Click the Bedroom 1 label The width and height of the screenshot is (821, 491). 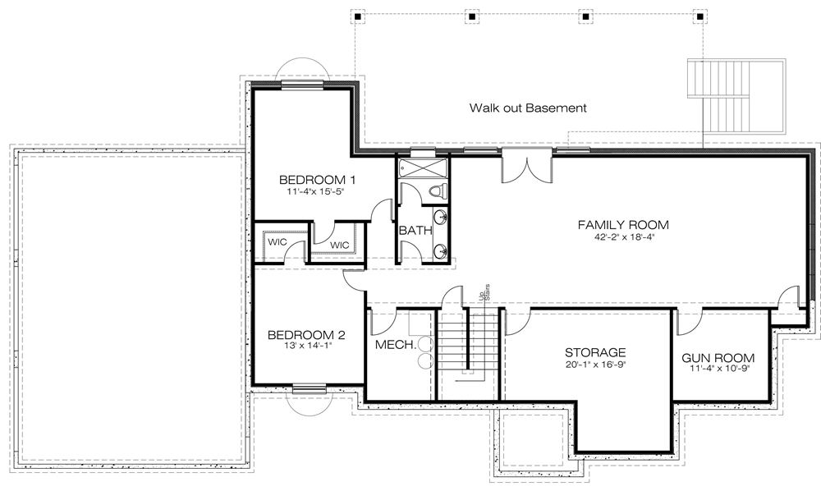coord(317,180)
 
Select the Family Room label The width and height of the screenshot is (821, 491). coord(623,225)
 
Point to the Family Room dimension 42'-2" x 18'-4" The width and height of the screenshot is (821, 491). coord(623,236)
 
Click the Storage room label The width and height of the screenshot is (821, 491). coord(595,353)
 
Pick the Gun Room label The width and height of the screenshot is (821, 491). coord(718,359)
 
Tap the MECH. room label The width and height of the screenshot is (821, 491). coord(396,345)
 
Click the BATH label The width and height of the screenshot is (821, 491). coord(415,231)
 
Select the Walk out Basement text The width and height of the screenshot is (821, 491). coord(528,108)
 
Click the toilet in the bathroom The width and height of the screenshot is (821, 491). coord(438,190)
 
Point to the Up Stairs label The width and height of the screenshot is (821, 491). coord(485,292)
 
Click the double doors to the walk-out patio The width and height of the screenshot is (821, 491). coord(527,167)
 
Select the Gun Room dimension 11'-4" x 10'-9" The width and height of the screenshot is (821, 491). coord(718,368)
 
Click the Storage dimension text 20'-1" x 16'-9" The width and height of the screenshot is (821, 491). coord(595,365)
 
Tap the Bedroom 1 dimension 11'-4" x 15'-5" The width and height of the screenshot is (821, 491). coord(315,191)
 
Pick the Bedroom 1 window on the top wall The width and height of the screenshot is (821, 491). coord(301,85)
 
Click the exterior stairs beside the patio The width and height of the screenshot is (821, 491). coord(736,97)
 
